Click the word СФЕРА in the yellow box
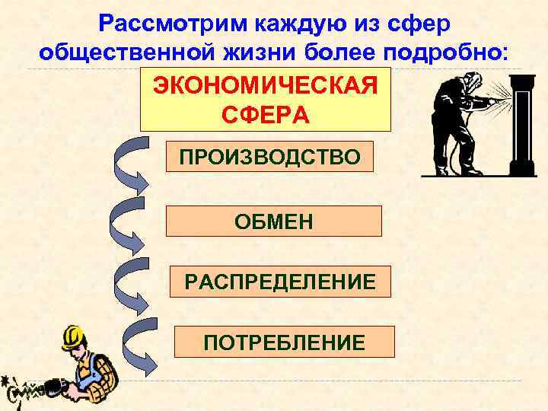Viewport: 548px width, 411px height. coord(266,115)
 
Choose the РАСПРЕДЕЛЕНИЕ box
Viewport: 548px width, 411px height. coord(281,281)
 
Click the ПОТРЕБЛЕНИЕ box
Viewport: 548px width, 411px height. coord(284,342)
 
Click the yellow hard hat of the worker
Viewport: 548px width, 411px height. coord(73,334)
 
